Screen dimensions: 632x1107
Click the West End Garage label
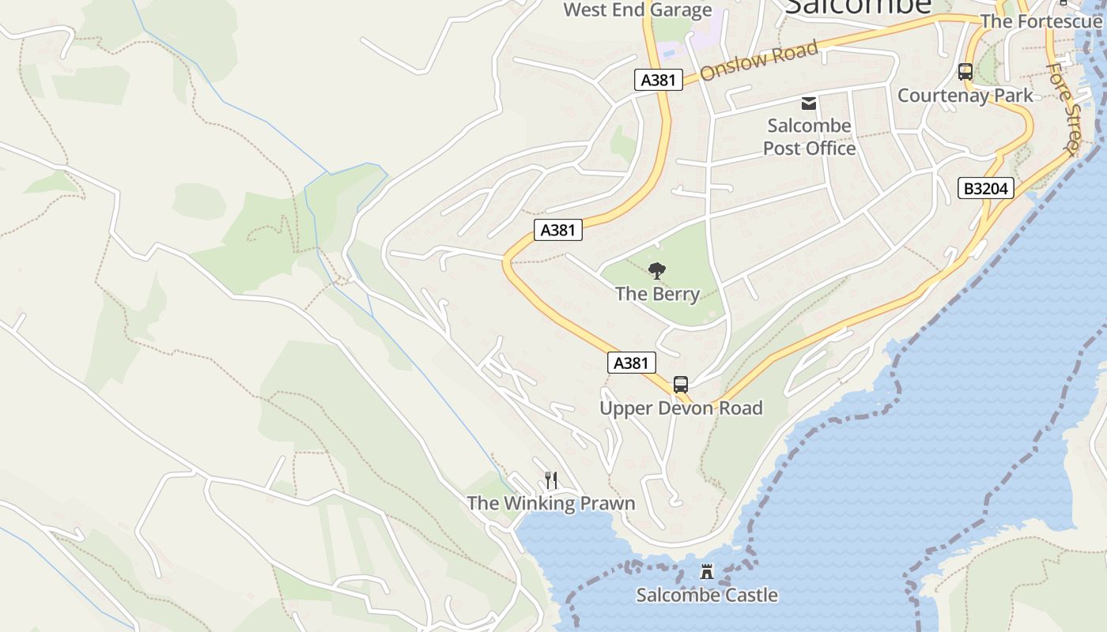point(637,10)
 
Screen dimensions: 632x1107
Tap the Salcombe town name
point(858,6)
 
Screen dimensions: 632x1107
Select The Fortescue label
point(1041,21)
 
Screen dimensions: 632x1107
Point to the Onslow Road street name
point(758,61)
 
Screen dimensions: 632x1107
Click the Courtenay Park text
point(965,96)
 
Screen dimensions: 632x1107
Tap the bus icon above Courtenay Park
point(965,72)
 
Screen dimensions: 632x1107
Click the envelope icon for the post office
point(809,103)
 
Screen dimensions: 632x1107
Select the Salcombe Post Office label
point(809,137)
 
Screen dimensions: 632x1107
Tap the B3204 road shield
point(986,188)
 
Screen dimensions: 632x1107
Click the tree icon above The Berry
point(656,272)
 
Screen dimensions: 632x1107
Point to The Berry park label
point(657,294)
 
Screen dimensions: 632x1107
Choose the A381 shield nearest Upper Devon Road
point(632,363)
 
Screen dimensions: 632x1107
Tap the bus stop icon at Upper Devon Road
point(681,385)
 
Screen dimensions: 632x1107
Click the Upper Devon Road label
point(681,408)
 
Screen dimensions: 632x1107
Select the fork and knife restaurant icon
point(551,480)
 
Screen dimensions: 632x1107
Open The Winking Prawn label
point(550,503)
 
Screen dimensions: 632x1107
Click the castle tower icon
point(707,572)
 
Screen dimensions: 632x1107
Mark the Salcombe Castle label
point(707,595)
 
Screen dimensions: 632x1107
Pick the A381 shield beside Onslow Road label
point(658,80)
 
